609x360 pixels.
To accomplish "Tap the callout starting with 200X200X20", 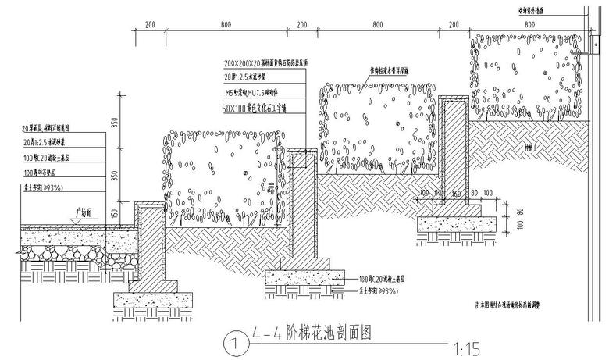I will tap(266, 62).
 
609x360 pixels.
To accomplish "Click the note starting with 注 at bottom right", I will tap(519, 305).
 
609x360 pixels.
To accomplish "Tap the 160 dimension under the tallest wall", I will tap(454, 192).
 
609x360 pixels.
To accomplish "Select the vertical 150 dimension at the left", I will tap(116, 212).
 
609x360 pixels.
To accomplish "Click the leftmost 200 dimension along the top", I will tap(150, 26).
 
